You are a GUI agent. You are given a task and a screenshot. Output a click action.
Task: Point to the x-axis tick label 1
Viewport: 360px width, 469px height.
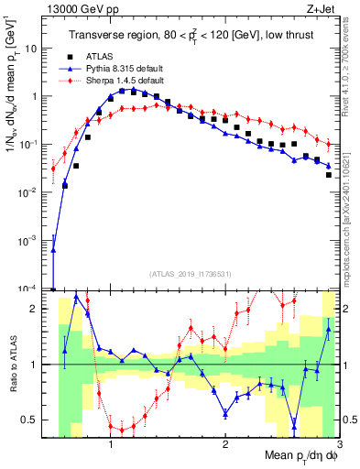point(111,445)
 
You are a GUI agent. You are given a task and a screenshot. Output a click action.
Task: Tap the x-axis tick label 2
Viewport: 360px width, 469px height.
point(224,445)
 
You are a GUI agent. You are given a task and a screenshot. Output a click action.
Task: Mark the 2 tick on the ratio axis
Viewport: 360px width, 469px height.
point(40,309)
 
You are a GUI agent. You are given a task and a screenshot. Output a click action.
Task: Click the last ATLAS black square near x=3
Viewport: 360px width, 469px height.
point(328,174)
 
